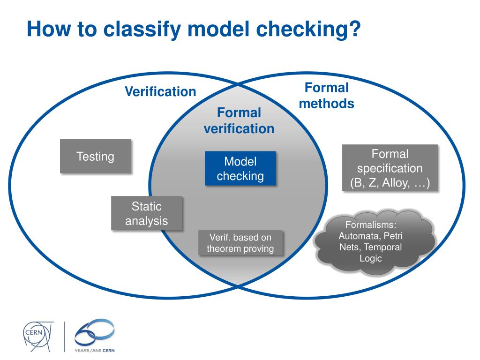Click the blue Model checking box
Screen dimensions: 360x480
(240, 169)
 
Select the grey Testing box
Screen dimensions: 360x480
(95, 156)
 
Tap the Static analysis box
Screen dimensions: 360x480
(146, 213)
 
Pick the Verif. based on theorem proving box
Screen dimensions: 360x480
(240, 243)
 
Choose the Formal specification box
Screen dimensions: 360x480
(390, 168)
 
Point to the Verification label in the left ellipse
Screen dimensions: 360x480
(160, 91)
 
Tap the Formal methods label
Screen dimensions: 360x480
(327, 95)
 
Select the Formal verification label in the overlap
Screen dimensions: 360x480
(239, 120)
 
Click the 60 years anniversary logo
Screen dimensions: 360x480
(94, 333)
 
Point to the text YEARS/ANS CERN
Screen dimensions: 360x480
(94, 350)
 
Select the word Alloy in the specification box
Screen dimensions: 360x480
(394, 183)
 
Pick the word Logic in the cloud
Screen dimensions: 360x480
(371, 258)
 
